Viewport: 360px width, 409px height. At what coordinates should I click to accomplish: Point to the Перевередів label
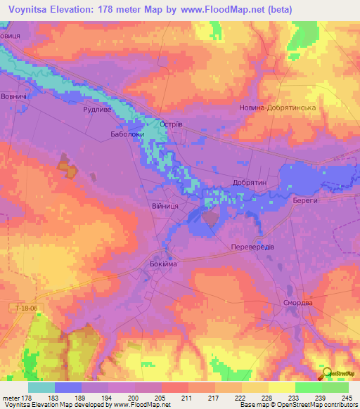pos(252,247)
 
